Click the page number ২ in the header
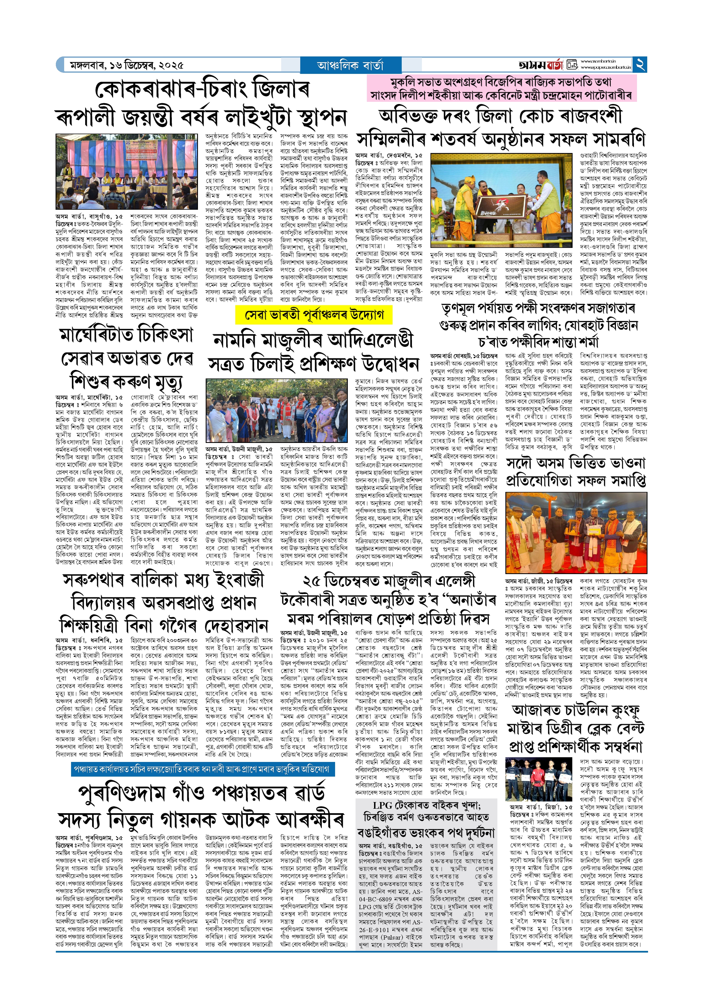point(640,65)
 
